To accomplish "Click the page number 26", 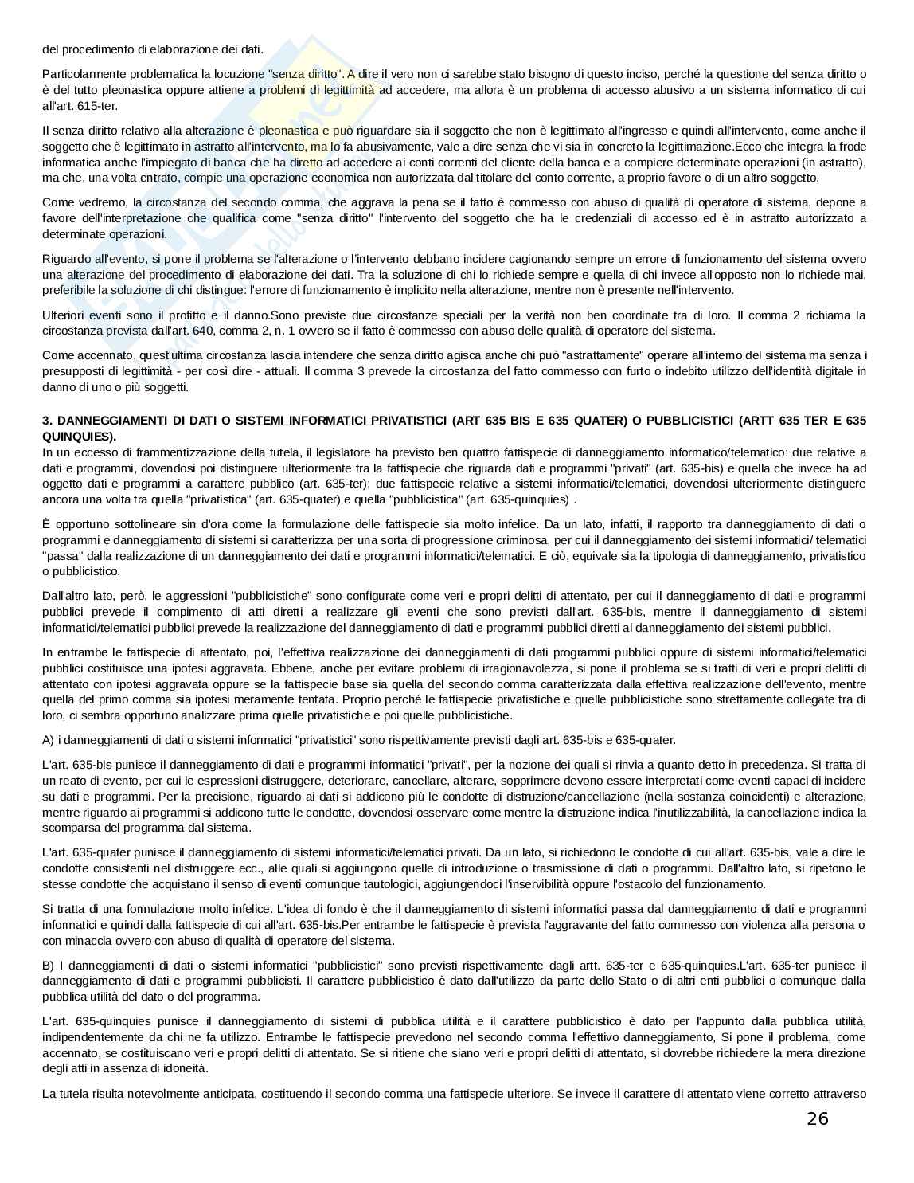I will click(817, 1119).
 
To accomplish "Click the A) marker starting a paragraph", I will click(49, 740).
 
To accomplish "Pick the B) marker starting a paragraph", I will click(49, 965).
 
